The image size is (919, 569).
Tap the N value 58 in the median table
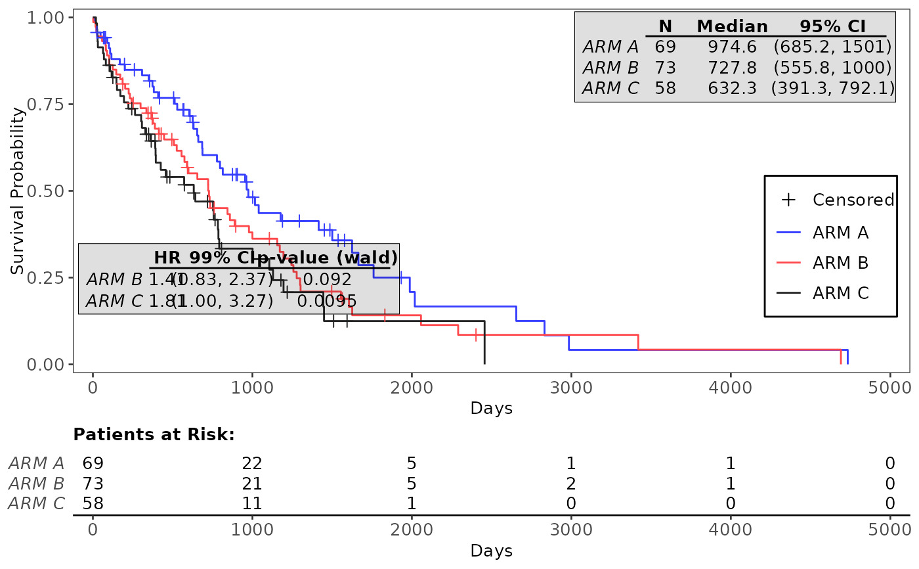point(665,88)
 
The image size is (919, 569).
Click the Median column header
point(732,26)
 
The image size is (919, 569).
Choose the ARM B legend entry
point(840,263)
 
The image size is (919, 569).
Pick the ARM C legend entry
point(840,293)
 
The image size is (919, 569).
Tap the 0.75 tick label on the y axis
point(46,104)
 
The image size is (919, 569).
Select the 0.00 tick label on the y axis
point(46,364)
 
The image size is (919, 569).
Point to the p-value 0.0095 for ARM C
point(327,301)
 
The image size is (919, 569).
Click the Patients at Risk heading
point(154,434)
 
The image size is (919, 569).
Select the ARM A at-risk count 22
point(252,463)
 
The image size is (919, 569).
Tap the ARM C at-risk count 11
point(252,504)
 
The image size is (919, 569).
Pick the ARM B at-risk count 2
point(571,484)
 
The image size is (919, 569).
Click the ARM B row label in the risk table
point(36,484)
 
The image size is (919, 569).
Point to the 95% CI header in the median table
point(832,26)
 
